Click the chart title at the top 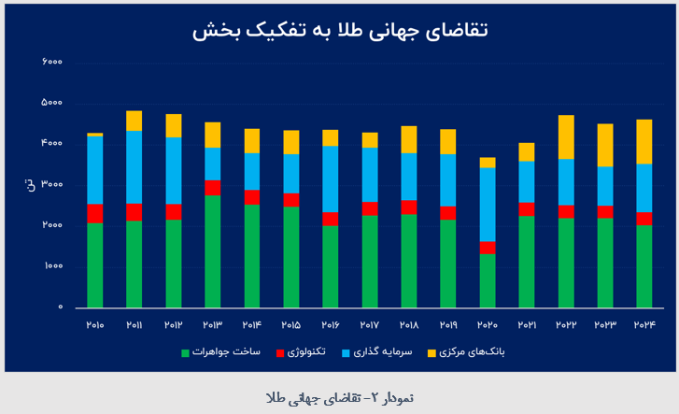coord(340,30)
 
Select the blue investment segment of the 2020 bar coord(487,205)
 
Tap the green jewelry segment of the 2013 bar coord(212,250)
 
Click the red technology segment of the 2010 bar coord(94,213)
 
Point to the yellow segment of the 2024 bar coord(644,141)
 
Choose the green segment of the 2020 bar coord(487,280)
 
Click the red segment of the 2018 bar coord(408,207)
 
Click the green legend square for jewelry coord(185,353)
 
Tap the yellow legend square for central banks coord(431,353)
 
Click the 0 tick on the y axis coord(60,307)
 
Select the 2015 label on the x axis coord(290,324)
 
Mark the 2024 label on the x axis coord(644,324)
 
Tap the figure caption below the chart coord(339,396)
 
